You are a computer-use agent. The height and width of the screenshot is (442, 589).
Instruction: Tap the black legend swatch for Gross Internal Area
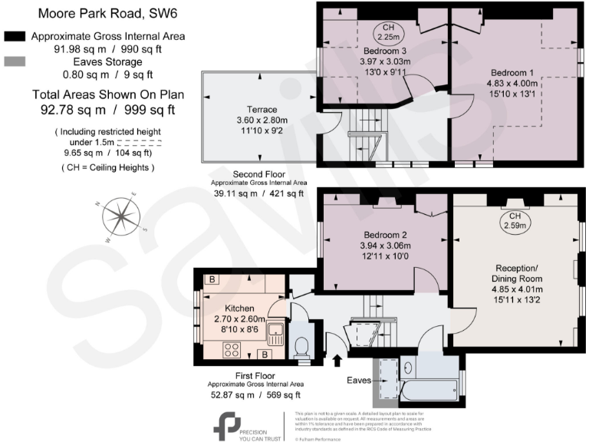(15, 36)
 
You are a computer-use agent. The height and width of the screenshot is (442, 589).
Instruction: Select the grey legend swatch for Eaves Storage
(15, 61)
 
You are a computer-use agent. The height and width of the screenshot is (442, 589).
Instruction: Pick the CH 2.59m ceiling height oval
(515, 221)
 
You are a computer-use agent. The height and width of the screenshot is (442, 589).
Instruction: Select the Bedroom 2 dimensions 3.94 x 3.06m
(383, 246)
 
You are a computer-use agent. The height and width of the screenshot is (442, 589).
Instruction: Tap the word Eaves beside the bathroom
(357, 380)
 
